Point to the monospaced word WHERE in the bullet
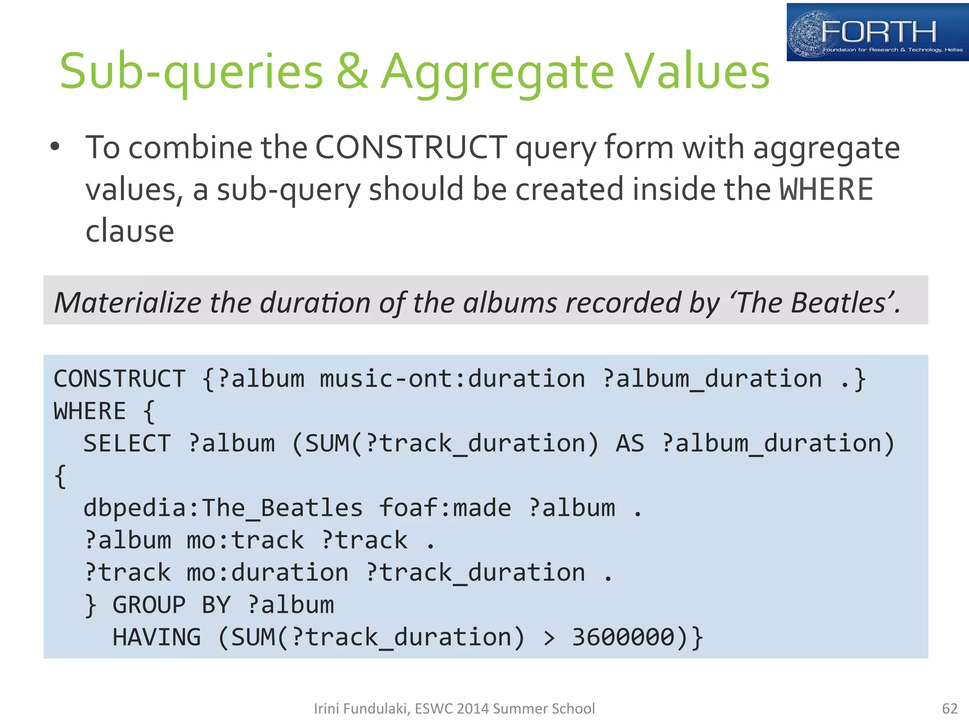click(826, 189)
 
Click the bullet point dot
click(55, 146)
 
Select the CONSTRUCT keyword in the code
click(120, 379)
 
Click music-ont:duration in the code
click(452, 379)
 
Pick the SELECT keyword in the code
click(127, 443)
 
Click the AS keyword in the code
click(630, 443)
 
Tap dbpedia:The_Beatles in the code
click(223, 508)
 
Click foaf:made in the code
click(445, 508)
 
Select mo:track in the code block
click(245, 541)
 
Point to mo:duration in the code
click(267, 573)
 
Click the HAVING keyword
click(157, 637)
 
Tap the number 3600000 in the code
click(623, 637)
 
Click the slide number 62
click(950, 709)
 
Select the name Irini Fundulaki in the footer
click(361, 709)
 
